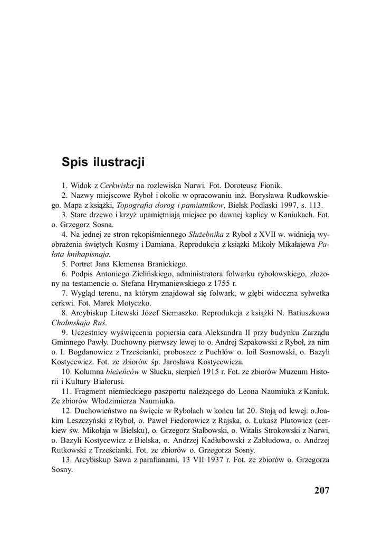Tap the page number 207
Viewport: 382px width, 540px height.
pos(321,490)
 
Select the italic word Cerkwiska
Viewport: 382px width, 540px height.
pos(116,185)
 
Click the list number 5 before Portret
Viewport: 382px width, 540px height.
pos(64,264)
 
